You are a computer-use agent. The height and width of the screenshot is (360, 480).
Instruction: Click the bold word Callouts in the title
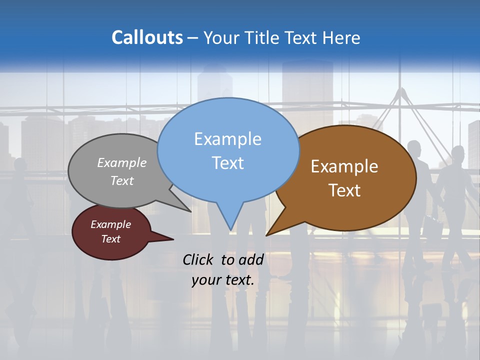pyautogui.click(x=147, y=37)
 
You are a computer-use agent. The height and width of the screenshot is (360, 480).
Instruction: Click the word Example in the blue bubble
pyautogui.click(x=227, y=139)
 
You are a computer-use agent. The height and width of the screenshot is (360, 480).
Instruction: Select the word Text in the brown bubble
pyautogui.click(x=344, y=190)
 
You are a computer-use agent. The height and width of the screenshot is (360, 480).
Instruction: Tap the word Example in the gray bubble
pyautogui.click(x=121, y=163)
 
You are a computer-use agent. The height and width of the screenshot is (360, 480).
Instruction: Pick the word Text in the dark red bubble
pyautogui.click(x=110, y=239)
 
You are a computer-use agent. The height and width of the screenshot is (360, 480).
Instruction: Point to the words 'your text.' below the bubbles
pyautogui.click(x=223, y=280)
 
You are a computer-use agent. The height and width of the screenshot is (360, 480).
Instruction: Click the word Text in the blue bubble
pyautogui.click(x=228, y=163)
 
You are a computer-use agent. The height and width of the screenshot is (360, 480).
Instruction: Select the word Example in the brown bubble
pyautogui.click(x=344, y=166)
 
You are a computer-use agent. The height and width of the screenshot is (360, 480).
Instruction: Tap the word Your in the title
pyautogui.click(x=222, y=37)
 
